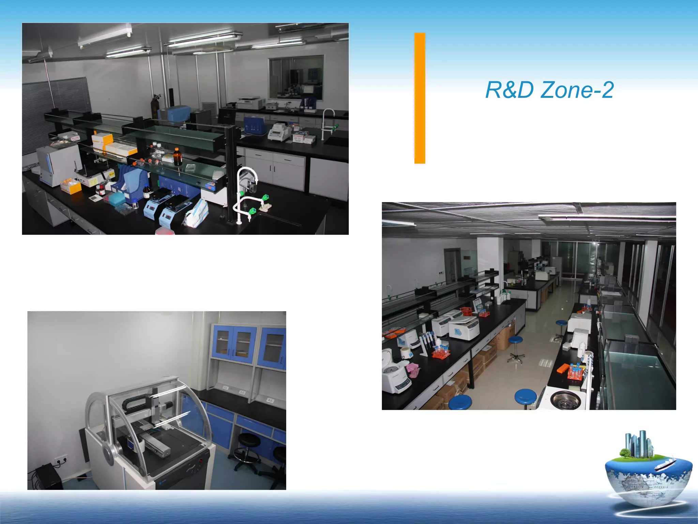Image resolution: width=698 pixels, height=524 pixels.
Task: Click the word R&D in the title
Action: (509, 90)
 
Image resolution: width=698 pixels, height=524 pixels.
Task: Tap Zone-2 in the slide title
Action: (577, 90)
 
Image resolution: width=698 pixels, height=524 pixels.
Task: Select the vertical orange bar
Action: (420, 98)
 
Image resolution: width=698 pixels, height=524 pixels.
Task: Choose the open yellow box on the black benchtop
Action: (71, 186)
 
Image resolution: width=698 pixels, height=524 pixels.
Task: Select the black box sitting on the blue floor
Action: (48, 476)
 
